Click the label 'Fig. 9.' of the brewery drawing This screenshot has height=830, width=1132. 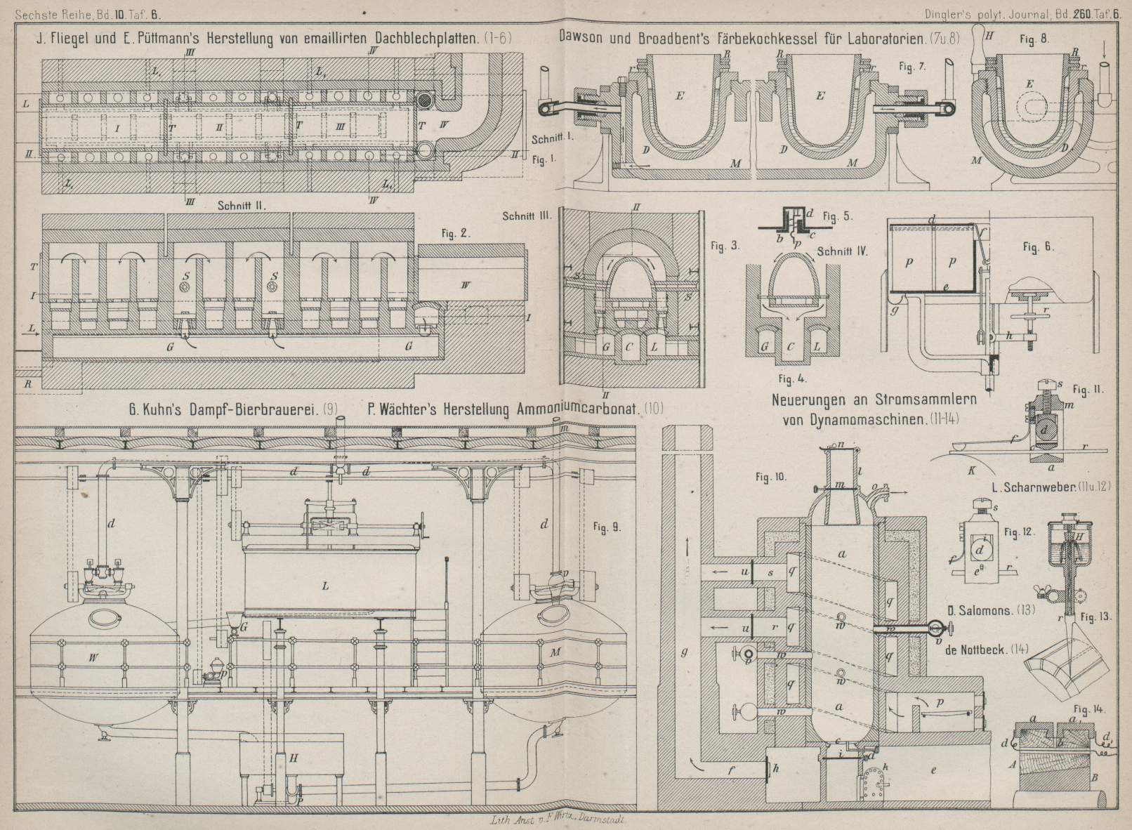tap(606, 526)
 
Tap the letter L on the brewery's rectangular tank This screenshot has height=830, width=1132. tap(326, 584)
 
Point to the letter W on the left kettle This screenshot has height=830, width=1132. tap(92, 657)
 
